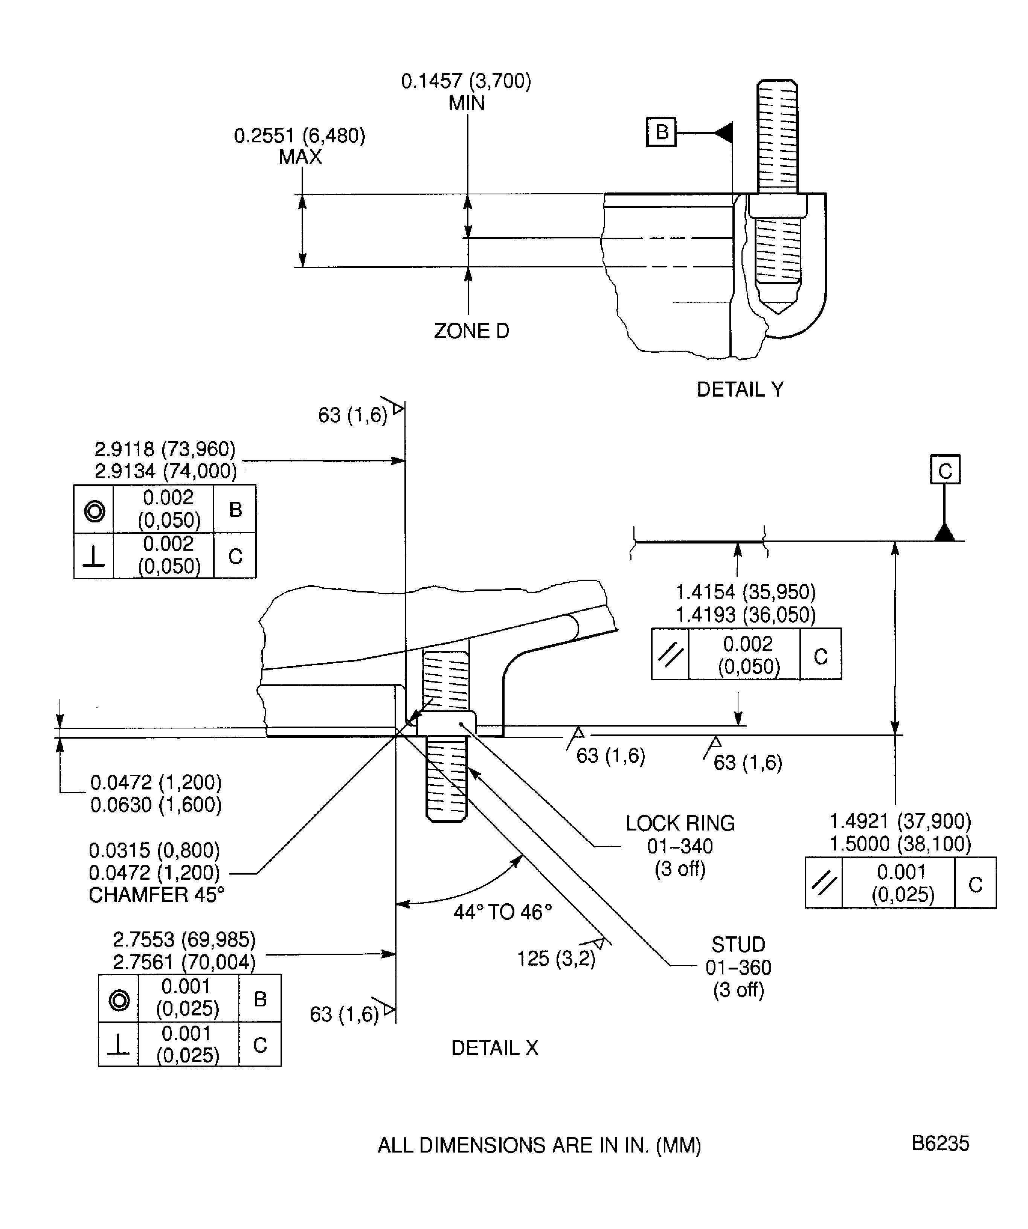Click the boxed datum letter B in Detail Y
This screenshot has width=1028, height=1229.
tap(661, 132)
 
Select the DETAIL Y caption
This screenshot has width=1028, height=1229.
tap(740, 389)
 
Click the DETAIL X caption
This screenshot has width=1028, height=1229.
tap(494, 1047)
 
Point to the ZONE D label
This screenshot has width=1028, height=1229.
tap(471, 331)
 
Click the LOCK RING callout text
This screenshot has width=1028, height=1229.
tap(680, 823)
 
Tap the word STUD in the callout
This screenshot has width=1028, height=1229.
tap(738, 945)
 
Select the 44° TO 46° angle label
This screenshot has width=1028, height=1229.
tap(503, 912)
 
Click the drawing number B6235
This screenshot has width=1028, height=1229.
tap(940, 1143)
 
